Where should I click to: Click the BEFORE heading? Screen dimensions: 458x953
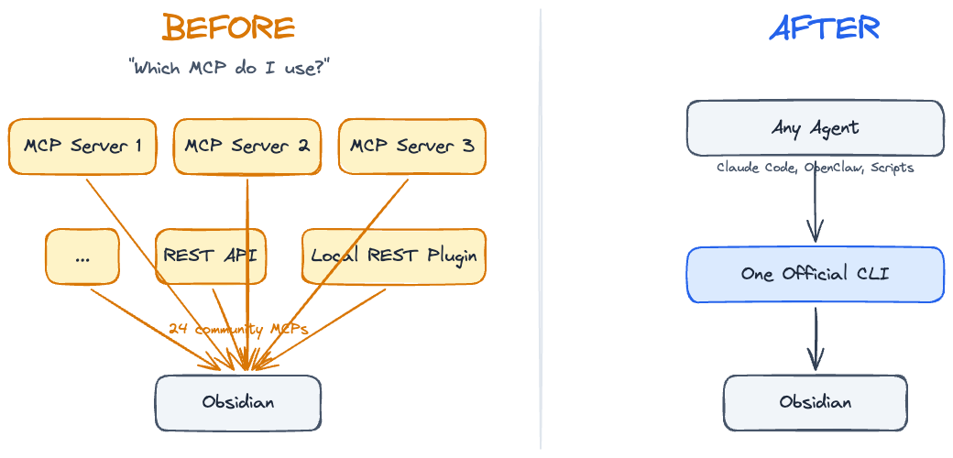point(228,27)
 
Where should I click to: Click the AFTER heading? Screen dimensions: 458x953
point(824,27)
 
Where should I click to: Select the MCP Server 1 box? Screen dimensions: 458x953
point(82,146)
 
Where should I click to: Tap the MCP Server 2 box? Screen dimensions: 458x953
point(246,146)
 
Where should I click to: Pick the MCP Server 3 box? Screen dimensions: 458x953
point(411,146)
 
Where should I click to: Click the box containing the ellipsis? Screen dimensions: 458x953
point(82,256)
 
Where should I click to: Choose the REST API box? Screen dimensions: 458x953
point(210,256)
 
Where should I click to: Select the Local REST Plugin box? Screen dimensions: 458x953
point(393,256)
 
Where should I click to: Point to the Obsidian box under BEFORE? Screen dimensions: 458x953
point(237,402)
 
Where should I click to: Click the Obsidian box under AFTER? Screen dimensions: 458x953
point(815,402)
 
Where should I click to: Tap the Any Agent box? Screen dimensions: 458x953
point(815,127)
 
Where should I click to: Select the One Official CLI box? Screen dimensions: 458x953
point(815,274)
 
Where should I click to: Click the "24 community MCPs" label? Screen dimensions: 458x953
point(237,328)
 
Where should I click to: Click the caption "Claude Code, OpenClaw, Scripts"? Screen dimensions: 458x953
point(815,168)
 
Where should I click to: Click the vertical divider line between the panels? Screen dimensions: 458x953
point(541,229)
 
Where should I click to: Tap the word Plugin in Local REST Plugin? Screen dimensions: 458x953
point(452,256)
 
